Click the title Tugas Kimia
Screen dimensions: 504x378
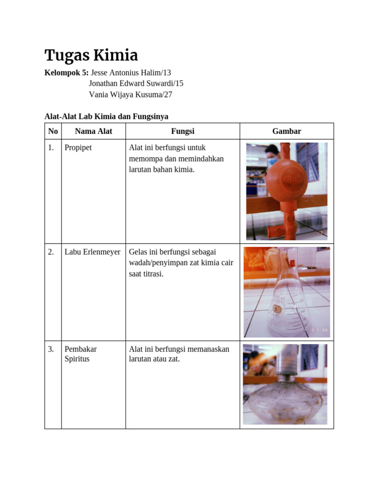[91, 55]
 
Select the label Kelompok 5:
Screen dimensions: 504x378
[66, 72]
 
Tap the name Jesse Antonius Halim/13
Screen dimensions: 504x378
[131, 72]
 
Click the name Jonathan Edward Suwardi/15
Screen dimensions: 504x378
[136, 83]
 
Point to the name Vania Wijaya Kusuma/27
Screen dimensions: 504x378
[130, 94]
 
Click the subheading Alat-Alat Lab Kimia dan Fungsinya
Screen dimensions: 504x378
[106, 116]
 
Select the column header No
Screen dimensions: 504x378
[53, 131]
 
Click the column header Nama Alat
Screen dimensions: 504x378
[94, 131]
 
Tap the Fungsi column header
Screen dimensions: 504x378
[183, 131]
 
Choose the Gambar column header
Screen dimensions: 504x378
[286, 131]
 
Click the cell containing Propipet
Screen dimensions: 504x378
[78, 148]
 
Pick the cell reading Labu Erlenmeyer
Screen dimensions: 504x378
[93, 252]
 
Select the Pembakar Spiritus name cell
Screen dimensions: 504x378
[81, 354]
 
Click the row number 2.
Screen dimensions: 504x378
[51, 252]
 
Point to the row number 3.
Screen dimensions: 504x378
[51, 349]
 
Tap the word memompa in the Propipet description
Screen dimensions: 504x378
[143, 158]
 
